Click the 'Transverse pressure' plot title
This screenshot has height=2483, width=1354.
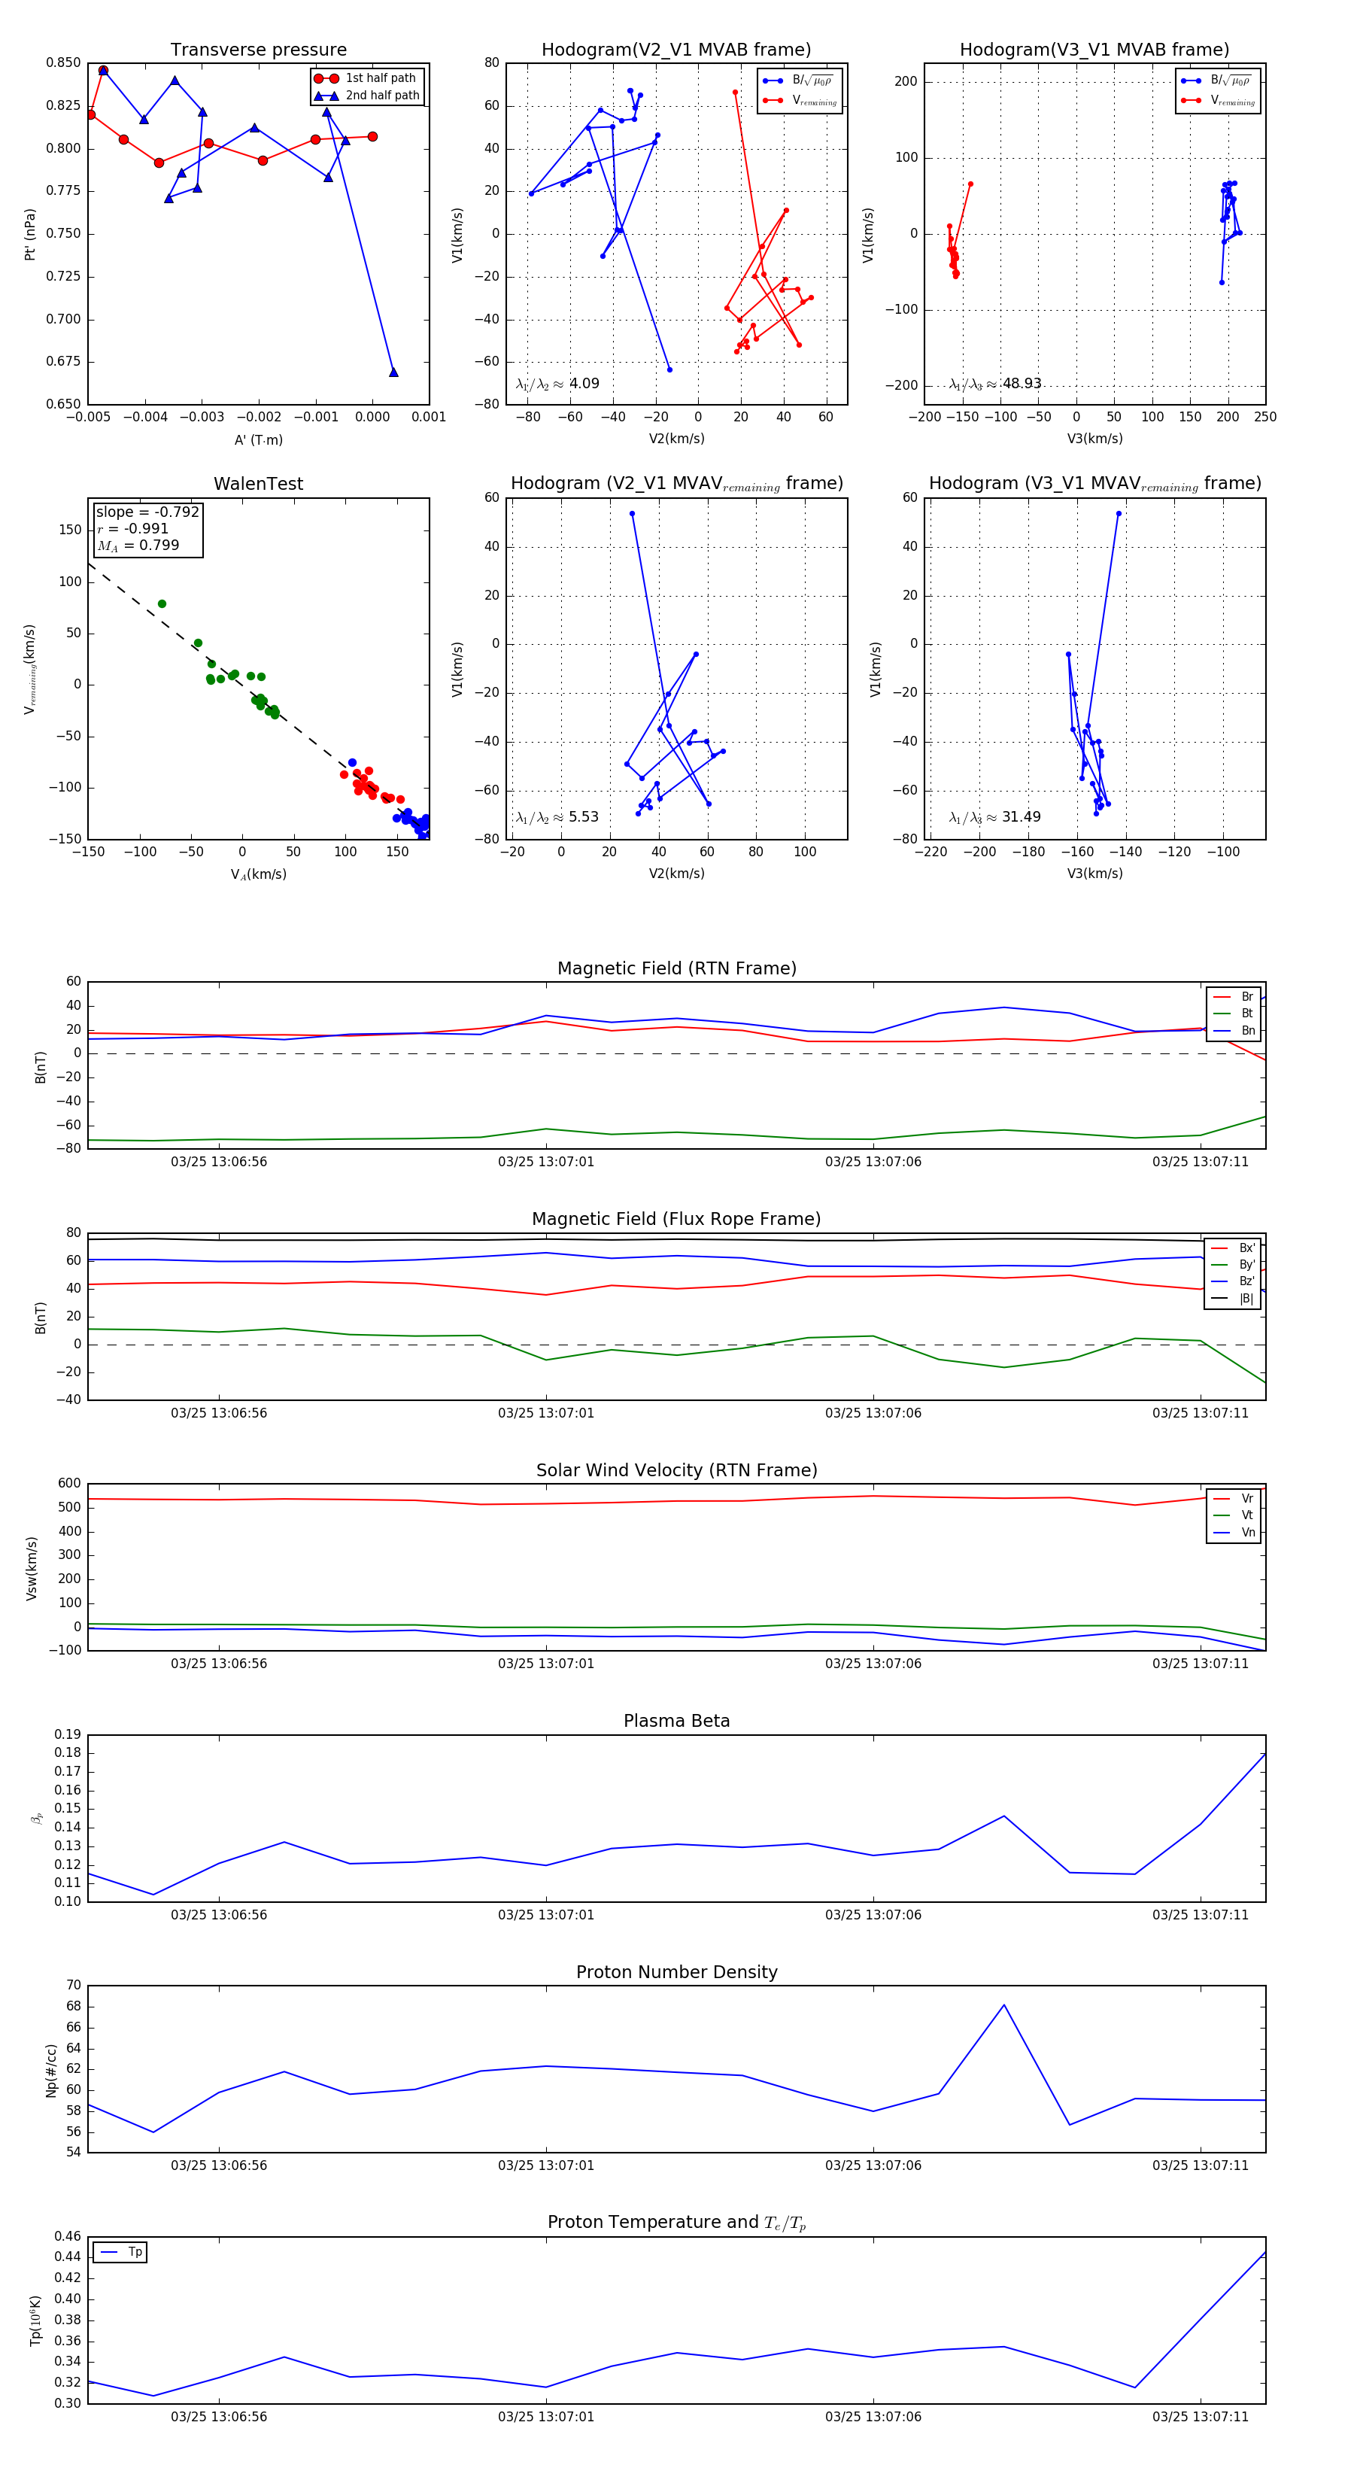coord(258,50)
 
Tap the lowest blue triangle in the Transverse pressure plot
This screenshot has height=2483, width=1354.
coord(393,372)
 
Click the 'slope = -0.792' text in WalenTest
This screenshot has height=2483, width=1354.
coord(147,512)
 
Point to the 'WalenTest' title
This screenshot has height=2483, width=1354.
coord(258,484)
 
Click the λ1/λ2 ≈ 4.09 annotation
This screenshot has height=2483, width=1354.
coord(557,384)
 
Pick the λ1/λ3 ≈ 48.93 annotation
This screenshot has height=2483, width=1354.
coord(994,384)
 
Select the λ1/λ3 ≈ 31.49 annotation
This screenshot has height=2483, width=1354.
coord(994,817)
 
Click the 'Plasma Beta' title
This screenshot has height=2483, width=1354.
coord(676,1722)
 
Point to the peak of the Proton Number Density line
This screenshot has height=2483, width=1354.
coord(1004,2005)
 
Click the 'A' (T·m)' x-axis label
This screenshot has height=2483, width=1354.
coord(258,439)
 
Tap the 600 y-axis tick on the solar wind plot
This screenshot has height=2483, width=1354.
coord(69,1484)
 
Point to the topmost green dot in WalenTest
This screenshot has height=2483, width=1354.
coord(162,604)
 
